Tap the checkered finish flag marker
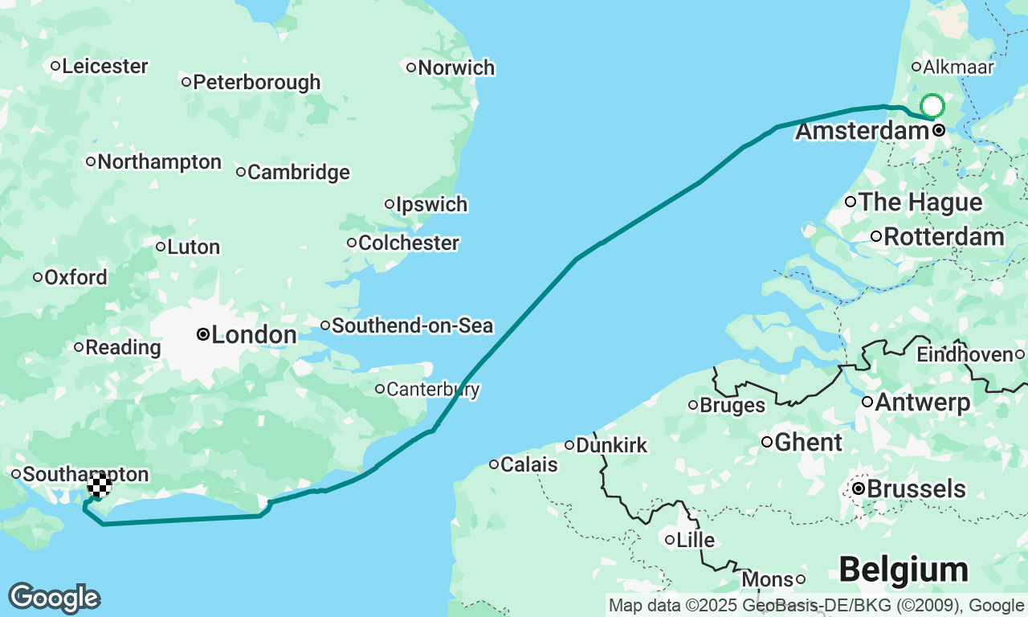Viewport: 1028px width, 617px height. [x=100, y=485]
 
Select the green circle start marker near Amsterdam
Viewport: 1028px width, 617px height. [x=932, y=106]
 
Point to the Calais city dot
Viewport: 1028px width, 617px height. [x=495, y=464]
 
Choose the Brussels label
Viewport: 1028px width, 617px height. [x=916, y=488]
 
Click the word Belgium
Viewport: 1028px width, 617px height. [x=904, y=570]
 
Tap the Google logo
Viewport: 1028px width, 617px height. [x=55, y=599]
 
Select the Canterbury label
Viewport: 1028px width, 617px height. [x=433, y=390]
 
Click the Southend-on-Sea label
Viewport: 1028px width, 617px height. [x=412, y=325]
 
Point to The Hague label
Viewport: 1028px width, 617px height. [x=920, y=202]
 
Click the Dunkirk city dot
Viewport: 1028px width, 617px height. [x=569, y=445]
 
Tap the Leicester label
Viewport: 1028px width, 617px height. [x=104, y=66]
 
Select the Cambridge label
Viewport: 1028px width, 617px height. [x=299, y=172]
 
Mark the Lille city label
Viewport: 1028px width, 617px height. [x=696, y=540]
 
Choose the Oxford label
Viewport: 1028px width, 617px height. [x=75, y=277]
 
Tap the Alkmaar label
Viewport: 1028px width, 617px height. [x=959, y=67]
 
